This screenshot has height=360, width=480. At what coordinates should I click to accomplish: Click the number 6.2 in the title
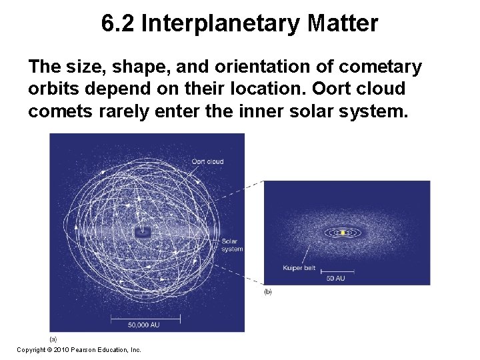(x=118, y=24)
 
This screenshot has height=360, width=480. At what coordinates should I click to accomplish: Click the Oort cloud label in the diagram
(x=207, y=161)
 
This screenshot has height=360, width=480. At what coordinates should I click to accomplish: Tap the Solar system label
(x=231, y=245)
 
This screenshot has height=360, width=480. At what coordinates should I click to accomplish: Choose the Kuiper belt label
(x=299, y=268)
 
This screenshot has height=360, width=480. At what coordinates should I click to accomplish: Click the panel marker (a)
(x=53, y=338)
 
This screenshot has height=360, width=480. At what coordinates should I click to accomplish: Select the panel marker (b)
(x=268, y=292)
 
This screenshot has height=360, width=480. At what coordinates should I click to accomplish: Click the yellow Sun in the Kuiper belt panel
(x=343, y=233)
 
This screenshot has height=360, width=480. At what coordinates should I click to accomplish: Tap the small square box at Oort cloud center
(x=142, y=233)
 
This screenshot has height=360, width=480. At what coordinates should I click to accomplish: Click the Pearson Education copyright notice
(x=79, y=349)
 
